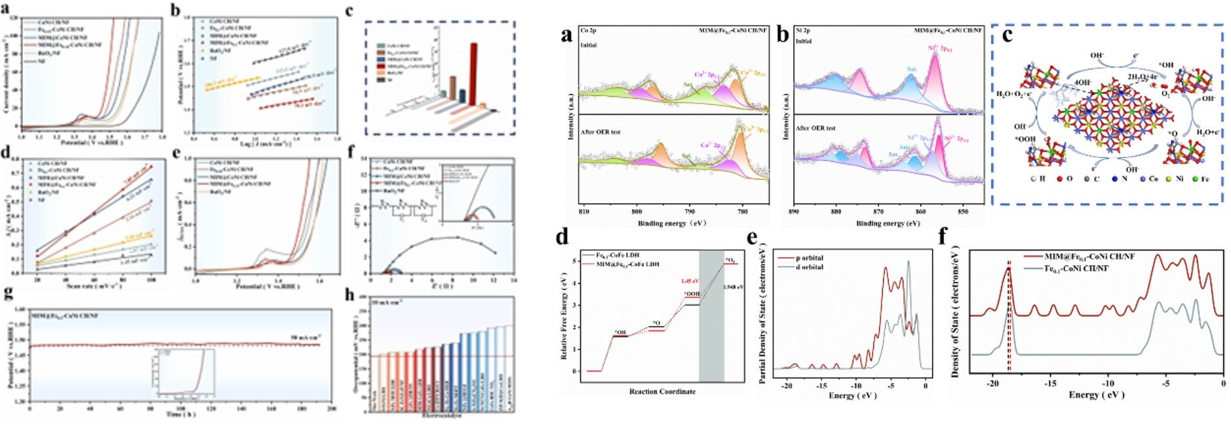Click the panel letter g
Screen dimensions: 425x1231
pyautogui.click(x=9, y=293)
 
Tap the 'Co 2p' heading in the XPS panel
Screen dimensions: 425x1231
pyautogui.click(x=588, y=30)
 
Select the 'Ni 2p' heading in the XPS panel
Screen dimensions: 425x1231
pyautogui.click(x=803, y=30)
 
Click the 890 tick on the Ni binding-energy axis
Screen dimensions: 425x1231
pyautogui.click(x=794, y=211)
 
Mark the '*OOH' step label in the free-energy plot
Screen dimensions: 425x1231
pyautogui.click(x=692, y=294)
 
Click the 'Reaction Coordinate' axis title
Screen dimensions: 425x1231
pyautogui.click(x=662, y=392)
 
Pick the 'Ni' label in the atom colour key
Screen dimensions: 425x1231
pyautogui.click(x=1179, y=178)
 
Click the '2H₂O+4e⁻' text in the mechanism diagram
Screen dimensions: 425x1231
pyautogui.click(x=1141, y=77)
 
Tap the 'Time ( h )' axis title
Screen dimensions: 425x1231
pyautogui.click(x=174, y=415)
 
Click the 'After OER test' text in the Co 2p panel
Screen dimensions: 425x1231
pyautogui.click(x=600, y=132)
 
